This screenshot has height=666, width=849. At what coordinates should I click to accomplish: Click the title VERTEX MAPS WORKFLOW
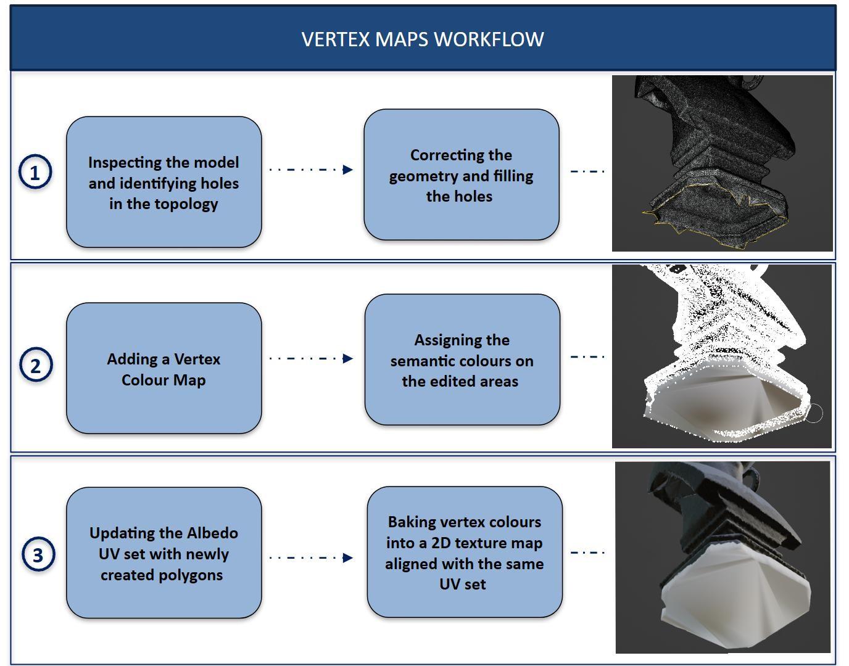[x=423, y=39]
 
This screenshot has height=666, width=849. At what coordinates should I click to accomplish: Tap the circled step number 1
[x=35, y=172]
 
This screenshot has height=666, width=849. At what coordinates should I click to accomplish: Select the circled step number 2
[x=36, y=365]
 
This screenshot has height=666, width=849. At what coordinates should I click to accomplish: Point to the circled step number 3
[x=38, y=554]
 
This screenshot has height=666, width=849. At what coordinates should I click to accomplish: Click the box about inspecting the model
[x=164, y=183]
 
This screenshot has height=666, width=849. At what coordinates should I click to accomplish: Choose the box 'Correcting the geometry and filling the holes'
[x=461, y=175]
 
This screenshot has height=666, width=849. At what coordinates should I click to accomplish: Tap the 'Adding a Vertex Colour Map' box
[x=164, y=369]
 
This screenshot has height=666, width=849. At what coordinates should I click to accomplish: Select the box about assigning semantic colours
[x=462, y=360]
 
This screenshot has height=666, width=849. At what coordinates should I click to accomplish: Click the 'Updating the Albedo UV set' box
[x=164, y=553]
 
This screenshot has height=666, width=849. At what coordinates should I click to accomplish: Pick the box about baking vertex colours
[x=464, y=553]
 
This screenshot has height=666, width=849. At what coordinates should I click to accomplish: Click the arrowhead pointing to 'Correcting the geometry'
[x=348, y=170]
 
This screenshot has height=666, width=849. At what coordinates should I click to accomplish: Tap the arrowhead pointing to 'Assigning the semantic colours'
[x=348, y=358]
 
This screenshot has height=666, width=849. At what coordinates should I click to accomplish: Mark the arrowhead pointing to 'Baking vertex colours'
[x=348, y=557]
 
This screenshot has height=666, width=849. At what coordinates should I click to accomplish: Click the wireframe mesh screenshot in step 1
[x=722, y=163]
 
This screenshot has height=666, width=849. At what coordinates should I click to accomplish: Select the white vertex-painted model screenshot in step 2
[x=722, y=356]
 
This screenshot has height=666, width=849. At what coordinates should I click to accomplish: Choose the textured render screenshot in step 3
[x=723, y=557]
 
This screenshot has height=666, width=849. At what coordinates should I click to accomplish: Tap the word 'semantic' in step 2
[x=424, y=361]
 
